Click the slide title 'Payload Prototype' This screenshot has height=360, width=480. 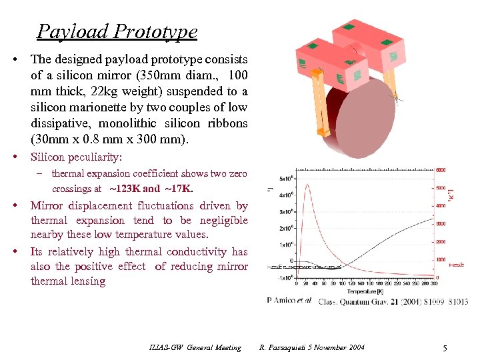(x=117, y=31)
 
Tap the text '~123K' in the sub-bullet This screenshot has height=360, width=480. (x=125, y=189)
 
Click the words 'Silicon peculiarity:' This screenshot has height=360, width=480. (x=76, y=157)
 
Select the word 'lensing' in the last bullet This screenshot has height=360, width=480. (x=88, y=281)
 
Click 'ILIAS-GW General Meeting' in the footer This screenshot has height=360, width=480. (x=195, y=347)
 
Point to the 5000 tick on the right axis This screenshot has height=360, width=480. (x=441, y=188)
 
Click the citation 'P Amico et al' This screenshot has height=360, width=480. (x=289, y=301)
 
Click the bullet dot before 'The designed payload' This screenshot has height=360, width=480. (x=15, y=59)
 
